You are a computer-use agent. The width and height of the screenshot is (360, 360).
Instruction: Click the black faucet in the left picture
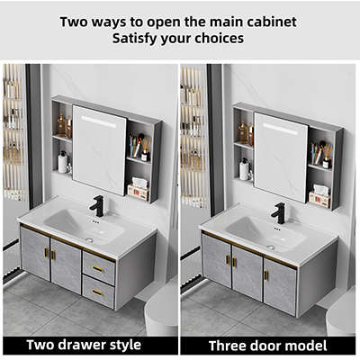97,206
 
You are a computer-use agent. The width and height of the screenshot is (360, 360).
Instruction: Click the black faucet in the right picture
279,213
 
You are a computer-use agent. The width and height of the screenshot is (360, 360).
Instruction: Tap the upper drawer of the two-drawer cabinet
99,268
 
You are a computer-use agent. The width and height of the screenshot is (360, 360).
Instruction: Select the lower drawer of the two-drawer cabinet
98,292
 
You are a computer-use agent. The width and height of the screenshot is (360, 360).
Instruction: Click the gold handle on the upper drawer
98,269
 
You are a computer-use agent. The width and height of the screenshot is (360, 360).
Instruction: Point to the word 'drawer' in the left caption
84,345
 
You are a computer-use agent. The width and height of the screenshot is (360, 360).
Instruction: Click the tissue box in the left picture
139,189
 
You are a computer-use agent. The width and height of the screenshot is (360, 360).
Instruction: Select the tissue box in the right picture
319,196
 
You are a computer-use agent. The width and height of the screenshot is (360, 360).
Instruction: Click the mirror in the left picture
100,149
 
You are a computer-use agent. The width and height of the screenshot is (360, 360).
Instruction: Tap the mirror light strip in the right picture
280,129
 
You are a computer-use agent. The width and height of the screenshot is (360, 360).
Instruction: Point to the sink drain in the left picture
89,239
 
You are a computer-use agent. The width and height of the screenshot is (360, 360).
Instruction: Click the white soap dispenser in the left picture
63,162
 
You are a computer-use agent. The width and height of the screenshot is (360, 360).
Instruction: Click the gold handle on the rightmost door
266,274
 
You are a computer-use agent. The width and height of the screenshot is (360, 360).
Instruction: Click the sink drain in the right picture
270,247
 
